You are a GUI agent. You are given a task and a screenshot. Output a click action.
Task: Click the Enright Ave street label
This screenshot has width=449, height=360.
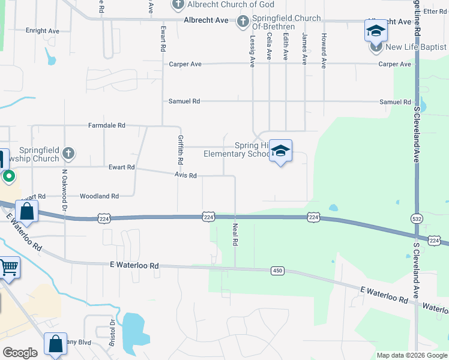point(43,31)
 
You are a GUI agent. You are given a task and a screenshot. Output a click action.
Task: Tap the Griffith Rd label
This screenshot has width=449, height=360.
point(180,149)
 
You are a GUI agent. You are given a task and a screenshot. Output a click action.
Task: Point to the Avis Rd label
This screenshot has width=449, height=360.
point(185,175)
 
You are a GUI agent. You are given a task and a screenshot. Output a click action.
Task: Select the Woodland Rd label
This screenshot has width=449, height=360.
point(99,196)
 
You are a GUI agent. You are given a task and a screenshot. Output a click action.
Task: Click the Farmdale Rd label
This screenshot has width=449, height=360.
point(107,125)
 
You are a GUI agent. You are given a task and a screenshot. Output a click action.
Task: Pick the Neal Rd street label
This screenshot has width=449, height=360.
point(235,234)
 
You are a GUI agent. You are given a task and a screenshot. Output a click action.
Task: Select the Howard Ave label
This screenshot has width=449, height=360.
point(324,50)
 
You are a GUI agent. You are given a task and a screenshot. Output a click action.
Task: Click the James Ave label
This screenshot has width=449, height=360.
point(304,49)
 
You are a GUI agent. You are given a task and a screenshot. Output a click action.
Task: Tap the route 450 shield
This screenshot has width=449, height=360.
point(277,271)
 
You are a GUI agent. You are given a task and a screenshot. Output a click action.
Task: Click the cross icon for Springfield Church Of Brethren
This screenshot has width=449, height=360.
point(243,23)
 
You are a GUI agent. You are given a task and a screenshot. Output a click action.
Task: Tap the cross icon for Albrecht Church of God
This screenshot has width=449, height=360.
point(178,5)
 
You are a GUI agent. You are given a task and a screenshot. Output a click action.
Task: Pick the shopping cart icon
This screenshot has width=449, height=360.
point(9,268)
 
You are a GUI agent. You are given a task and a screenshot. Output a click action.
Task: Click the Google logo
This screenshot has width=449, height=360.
point(20,353)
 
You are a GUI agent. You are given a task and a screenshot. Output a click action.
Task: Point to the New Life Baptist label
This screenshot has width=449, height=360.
point(415,47)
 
